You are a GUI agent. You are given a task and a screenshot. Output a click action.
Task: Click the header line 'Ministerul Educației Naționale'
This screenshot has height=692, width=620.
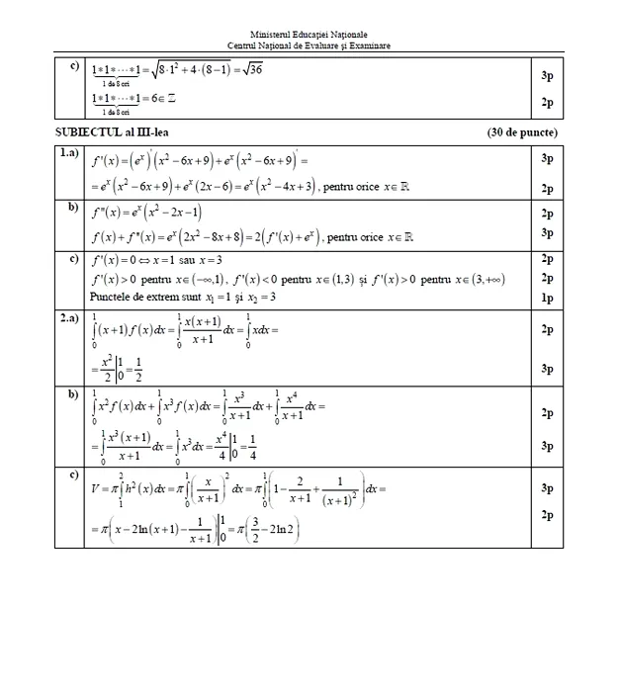309,35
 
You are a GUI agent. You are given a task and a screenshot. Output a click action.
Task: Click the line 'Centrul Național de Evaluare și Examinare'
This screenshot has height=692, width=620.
309,46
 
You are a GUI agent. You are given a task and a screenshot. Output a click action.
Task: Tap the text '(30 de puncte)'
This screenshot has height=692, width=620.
522,132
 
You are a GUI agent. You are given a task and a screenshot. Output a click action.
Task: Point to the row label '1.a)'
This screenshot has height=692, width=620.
69,153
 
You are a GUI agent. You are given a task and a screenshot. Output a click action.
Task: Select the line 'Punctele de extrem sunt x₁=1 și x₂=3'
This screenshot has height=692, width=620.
183,297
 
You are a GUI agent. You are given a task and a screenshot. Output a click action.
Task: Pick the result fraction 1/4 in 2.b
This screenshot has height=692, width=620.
254,443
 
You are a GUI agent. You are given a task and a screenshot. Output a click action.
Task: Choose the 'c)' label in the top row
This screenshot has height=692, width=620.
74,67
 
